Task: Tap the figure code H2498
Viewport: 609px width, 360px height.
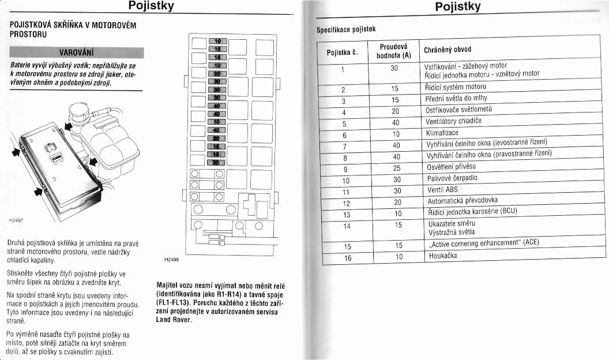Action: click(171, 260)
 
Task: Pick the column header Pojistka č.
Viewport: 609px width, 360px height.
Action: click(343, 52)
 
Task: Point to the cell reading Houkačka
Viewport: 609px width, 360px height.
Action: click(443, 256)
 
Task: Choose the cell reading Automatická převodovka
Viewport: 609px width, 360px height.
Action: click(463, 201)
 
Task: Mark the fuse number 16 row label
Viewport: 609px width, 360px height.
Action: click(347, 257)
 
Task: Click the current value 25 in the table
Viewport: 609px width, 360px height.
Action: click(395, 168)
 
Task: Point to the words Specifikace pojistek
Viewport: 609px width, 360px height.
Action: click(348, 29)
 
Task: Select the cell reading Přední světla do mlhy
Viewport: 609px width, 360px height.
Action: click(457, 99)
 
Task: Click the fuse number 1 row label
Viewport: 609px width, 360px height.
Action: click(343, 70)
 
